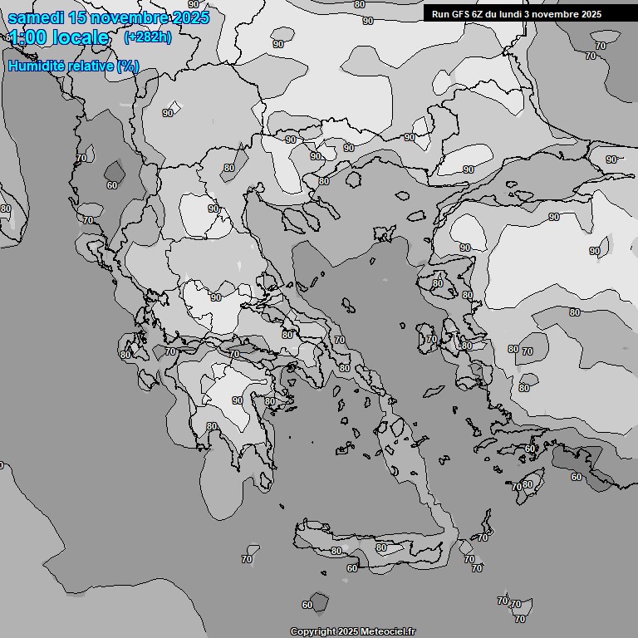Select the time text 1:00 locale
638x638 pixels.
(x=58, y=37)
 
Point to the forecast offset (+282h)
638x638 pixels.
(x=147, y=37)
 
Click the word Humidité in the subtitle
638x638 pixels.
(x=38, y=66)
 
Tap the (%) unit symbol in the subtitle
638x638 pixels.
(x=127, y=66)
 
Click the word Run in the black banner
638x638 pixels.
(x=440, y=14)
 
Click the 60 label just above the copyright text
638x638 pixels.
(x=307, y=605)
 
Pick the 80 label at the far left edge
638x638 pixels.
(x=6, y=209)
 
